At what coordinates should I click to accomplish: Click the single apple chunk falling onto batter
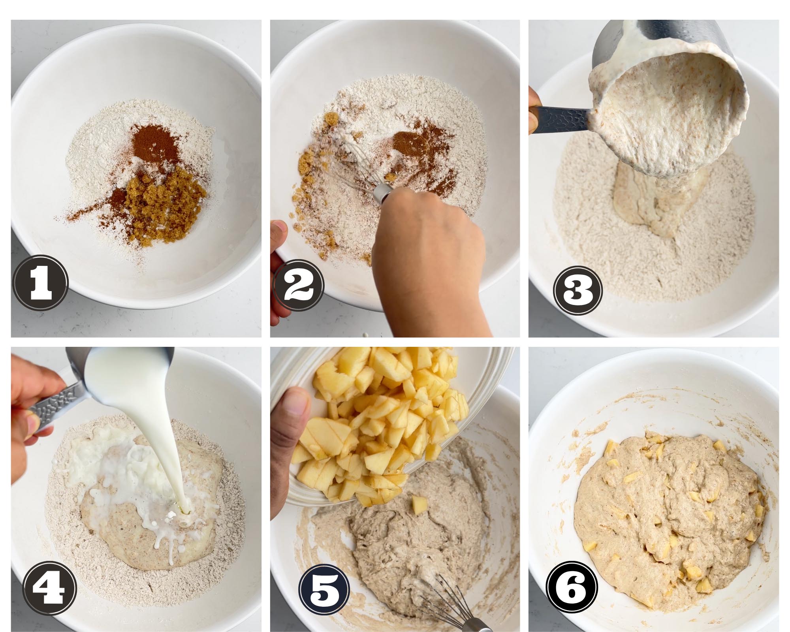(x=418, y=504)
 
